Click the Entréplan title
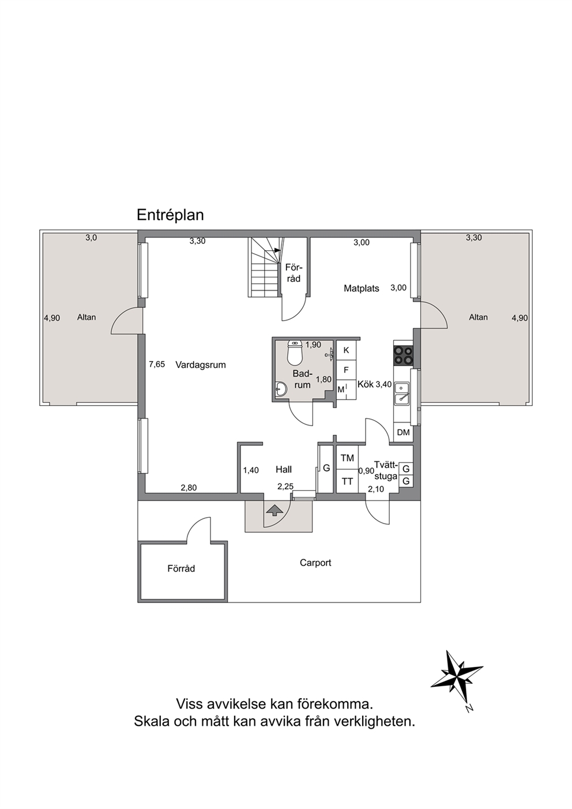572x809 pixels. click(170, 215)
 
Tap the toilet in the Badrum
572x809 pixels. click(295, 352)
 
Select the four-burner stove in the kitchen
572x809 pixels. click(403, 355)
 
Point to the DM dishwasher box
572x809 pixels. click(403, 432)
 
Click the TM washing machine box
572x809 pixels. click(347, 458)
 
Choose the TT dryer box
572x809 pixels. click(347, 481)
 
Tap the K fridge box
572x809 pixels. click(347, 351)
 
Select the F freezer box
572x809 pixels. click(347, 370)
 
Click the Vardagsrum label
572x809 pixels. click(201, 365)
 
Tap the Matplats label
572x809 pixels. click(362, 288)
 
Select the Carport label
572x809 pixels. click(315, 563)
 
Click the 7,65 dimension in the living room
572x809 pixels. click(157, 364)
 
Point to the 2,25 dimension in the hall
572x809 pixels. click(285, 487)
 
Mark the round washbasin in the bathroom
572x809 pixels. click(281, 389)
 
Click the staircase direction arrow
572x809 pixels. click(277, 250)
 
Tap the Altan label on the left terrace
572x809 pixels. click(86, 317)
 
